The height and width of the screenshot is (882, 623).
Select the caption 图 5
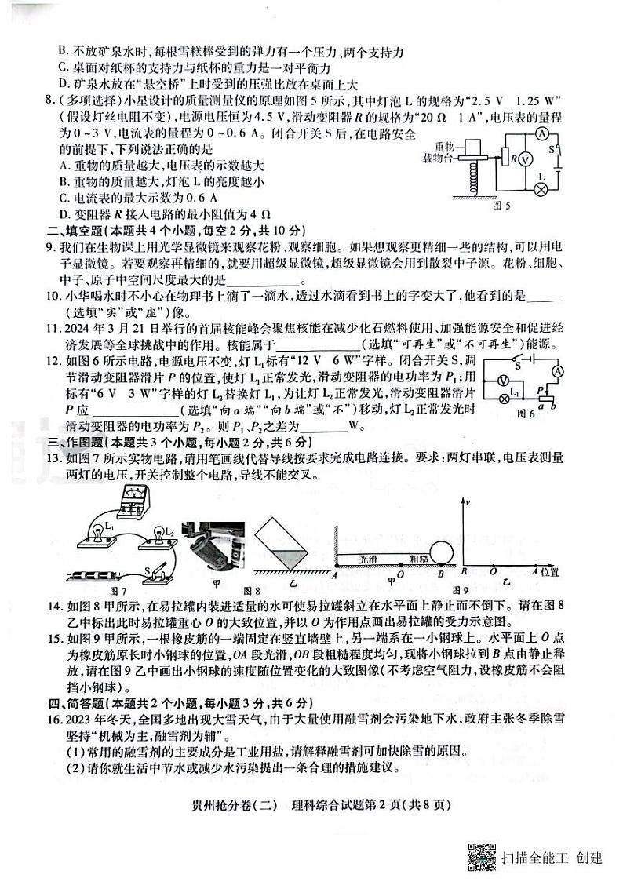pos(501,206)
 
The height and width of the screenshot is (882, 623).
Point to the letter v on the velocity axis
pos(467,501)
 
